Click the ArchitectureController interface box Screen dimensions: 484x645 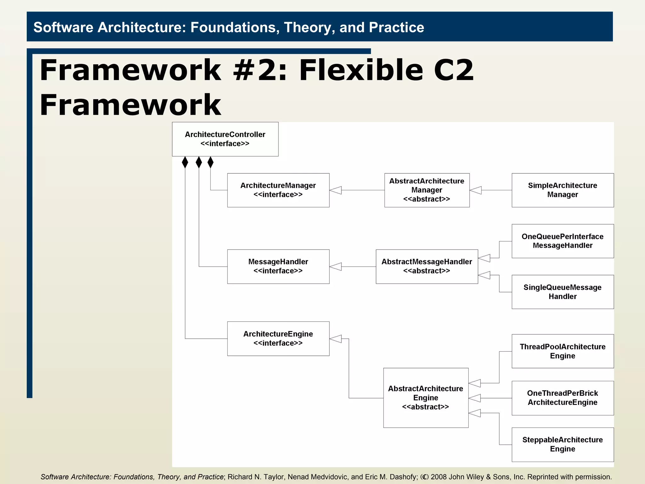pyautogui.click(x=225, y=139)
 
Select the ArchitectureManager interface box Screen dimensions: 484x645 pyautogui.click(x=278, y=190)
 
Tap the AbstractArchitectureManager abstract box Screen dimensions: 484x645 pyautogui.click(x=427, y=190)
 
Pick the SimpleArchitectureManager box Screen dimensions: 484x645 pyautogui.click(x=562, y=190)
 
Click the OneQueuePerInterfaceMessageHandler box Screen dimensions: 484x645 pyautogui.click(x=562, y=241)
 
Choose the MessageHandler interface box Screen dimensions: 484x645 pyautogui.click(x=278, y=267)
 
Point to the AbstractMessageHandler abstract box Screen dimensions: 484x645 pyautogui.click(x=427, y=267)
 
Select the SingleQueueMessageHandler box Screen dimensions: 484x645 pyautogui.click(x=562, y=292)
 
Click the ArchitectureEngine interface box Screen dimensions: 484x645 pyautogui.click(x=278, y=338)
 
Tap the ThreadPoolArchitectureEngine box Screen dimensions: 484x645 pyautogui.click(x=562, y=351)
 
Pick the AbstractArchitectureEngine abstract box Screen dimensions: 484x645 pyautogui.click(x=425, y=398)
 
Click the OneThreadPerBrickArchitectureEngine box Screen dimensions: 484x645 pyautogui.click(x=562, y=398)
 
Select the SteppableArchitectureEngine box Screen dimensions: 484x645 pyautogui.click(x=562, y=444)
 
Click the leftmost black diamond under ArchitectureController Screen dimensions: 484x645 pyautogui.click(x=185, y=162)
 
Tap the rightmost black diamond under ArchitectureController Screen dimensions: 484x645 pyautogui.click(x=211, y=162)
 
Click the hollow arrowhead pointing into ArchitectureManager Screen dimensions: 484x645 pyautogui.click(x=336, y=190)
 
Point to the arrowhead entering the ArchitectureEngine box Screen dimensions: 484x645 pyautogui.click(x=336, y=339)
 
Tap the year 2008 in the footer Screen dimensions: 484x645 pyautogui.click(x=439, y=477)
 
